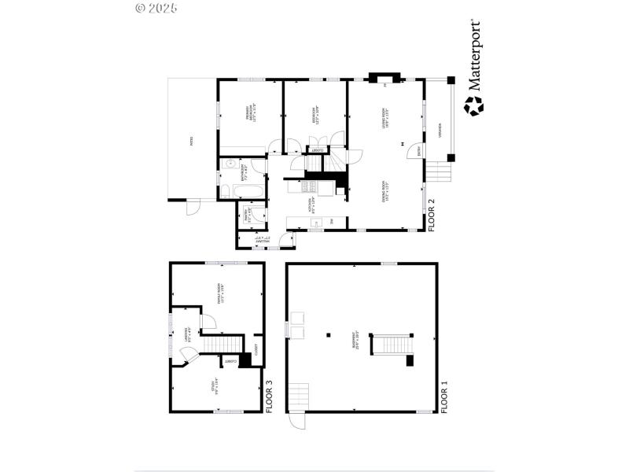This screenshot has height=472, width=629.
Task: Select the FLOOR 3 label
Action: point(270,396)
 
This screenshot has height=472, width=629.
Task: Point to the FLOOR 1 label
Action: point(444,396)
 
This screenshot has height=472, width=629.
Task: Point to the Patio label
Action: point(191,142)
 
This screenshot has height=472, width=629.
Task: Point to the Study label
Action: point(214,385)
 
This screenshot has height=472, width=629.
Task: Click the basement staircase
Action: point(392,345)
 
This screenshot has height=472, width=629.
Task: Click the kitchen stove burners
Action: point(309,186)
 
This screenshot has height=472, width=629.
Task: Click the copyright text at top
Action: point(156,8)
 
